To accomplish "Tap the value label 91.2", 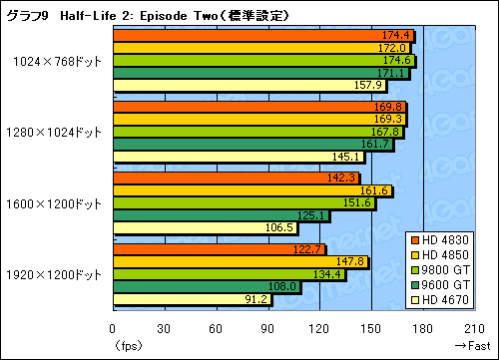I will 255,299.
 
